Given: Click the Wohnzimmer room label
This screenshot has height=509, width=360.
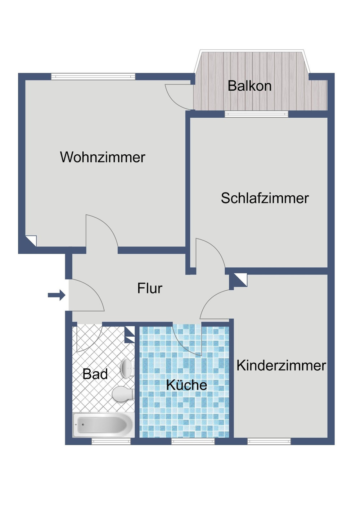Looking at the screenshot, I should [103, 157].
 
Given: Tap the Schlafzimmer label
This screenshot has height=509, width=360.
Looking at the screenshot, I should [265, 198].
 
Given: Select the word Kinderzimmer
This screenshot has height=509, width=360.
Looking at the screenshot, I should [281, 365].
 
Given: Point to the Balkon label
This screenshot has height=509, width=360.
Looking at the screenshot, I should [249, 86].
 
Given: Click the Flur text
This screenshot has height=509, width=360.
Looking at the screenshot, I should [150, 288].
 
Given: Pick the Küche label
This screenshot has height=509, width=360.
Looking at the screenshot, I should [186, 385].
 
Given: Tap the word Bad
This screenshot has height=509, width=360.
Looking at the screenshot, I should [95, 374].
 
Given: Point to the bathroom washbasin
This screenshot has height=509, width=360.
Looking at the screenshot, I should [126, 368].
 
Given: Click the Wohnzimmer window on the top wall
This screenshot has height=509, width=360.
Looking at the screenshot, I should [93, 76].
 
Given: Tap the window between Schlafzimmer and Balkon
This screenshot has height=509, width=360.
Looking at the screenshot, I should [256, 114].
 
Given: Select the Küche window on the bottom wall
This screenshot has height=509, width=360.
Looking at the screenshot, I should [193, 441].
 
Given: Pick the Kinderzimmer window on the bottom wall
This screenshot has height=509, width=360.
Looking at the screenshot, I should [269, 441].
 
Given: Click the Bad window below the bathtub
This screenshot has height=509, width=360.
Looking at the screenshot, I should [111, 441].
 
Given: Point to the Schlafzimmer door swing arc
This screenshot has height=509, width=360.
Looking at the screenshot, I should [211, 252].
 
